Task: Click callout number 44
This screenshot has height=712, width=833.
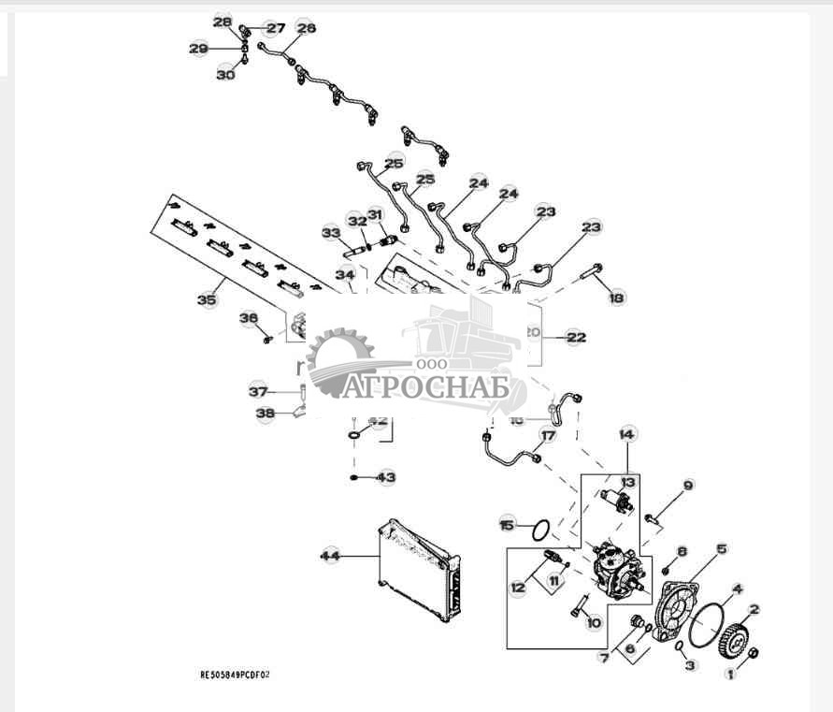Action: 330,556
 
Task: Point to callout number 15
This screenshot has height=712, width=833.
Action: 507,525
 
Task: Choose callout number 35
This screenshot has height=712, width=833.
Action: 207,300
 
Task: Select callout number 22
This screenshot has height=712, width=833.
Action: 576,337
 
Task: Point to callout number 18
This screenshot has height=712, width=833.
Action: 615,298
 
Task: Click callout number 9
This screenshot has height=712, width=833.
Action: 688,485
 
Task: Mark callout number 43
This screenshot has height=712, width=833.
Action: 387,477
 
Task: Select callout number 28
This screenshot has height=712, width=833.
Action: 222,22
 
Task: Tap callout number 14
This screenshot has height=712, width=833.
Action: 627,434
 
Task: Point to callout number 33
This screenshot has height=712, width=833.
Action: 330,232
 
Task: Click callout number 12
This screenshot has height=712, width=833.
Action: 518,588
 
